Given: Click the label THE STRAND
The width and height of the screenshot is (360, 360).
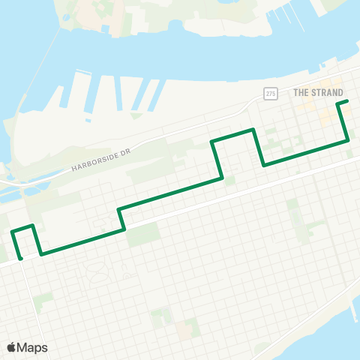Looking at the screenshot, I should (x=318, y=92).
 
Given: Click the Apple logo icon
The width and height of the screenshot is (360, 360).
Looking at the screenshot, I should (x=11, y=347).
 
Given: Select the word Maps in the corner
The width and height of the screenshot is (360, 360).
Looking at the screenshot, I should (x=32, y=347).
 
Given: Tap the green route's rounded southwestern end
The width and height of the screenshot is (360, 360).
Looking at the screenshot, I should (x=20, y=258).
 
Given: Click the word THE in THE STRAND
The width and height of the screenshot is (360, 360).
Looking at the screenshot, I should (x=300, y=92).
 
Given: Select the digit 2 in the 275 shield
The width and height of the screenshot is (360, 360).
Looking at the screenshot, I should (x=267, y=92).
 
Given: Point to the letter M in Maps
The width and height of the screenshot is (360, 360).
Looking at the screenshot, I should (x=22, y=347).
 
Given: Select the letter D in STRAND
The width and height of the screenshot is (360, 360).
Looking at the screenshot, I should (x=340, y=92).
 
